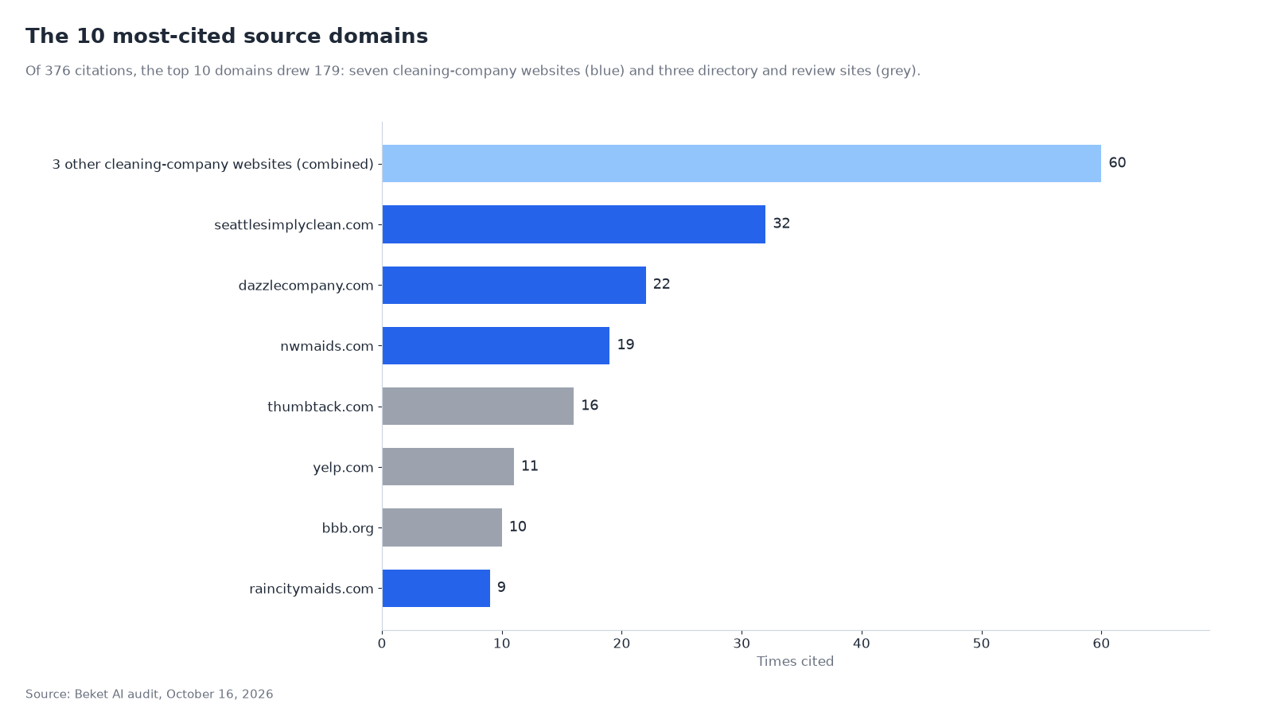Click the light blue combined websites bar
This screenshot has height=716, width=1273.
point(742,164)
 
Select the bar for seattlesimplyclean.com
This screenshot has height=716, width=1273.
point(574,224)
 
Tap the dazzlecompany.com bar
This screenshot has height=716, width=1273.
point(514,286)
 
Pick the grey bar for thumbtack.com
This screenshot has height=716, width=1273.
point(478,407)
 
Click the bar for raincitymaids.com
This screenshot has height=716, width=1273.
point(437,588)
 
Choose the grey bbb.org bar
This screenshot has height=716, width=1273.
point(442,527)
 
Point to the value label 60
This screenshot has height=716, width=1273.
point(1117,163)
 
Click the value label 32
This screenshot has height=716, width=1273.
point(781,224)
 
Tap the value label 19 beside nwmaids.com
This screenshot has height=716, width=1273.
point(625,344)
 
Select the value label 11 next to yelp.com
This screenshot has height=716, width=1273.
point(530,466)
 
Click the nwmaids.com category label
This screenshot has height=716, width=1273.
point(327,346)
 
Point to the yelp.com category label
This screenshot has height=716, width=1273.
point(343,468)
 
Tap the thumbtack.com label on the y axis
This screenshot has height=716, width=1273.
point(321,407)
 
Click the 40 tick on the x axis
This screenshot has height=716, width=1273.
point(862,644)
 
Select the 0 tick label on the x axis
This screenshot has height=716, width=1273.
point(382,644)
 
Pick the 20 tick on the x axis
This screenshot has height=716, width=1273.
point(621,644)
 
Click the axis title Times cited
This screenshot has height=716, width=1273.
point(795,661)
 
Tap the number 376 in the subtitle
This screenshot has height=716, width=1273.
point(57,71)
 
